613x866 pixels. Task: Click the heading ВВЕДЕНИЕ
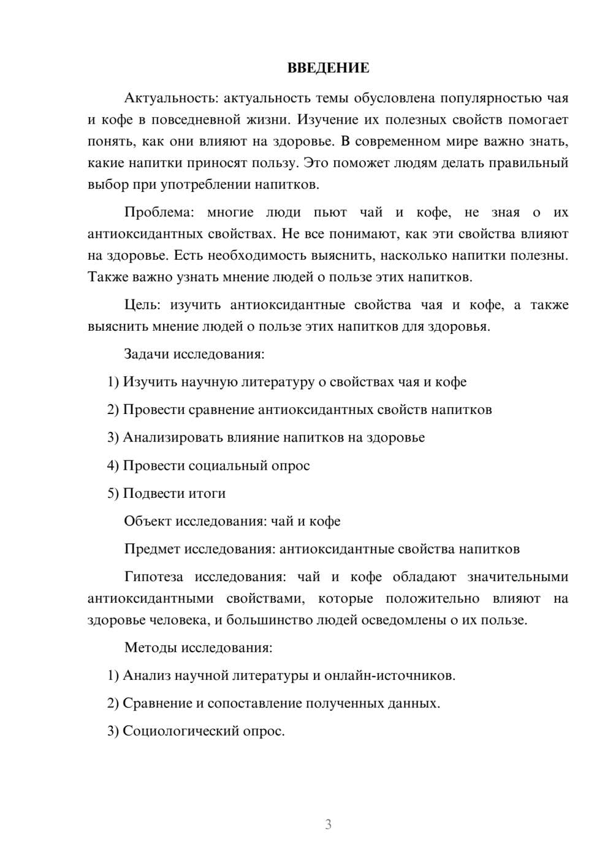pos(328,69)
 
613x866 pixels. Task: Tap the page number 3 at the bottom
pos(328,824)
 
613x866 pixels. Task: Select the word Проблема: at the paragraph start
pos(159,213)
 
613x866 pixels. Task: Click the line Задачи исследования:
pos(194,354)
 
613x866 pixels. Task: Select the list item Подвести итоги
pos(174,493)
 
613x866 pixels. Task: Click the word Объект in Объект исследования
pos(147,521)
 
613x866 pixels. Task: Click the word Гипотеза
pos(153,577)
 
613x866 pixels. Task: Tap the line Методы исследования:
pos(198,647)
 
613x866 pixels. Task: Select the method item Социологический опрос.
pos(204,731)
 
